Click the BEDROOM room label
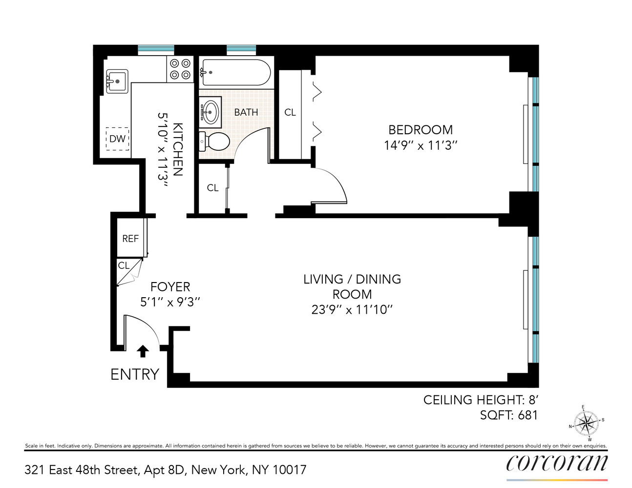coord(420,130)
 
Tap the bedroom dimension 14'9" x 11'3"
coord(420,145)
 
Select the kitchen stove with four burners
coord(180,69)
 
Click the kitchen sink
coord(117,81)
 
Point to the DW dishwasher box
coord(117,139)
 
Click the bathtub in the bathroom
coord(235,72)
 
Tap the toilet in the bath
coord(214,142)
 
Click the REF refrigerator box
coord(130,239)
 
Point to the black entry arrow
coord(143,351)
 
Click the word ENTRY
coord(135,374)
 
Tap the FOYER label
coord(170,287)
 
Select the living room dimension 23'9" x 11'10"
coord(352,310)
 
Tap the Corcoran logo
coord(557,463)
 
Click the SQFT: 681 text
coord(508,415)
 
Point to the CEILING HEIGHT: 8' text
coord(480,400)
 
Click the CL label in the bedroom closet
coord(290,112)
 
